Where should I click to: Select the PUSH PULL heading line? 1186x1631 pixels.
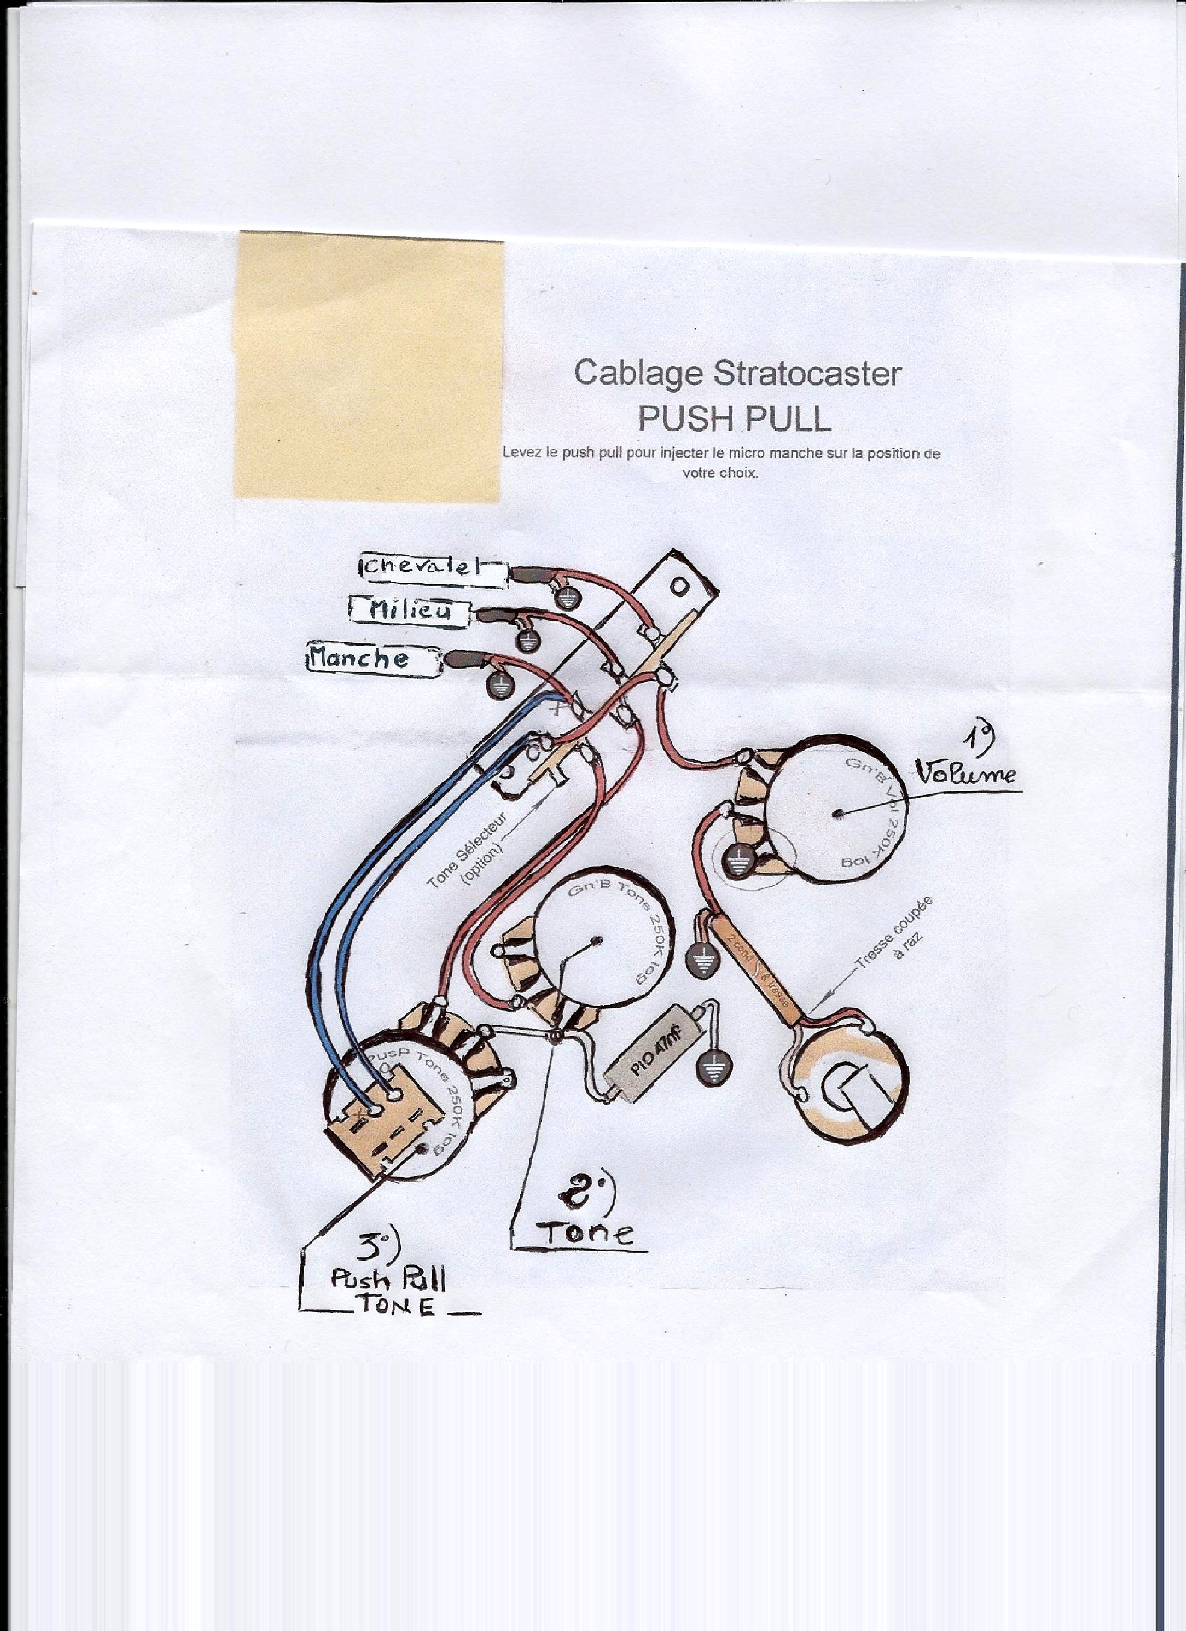[735, 418]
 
